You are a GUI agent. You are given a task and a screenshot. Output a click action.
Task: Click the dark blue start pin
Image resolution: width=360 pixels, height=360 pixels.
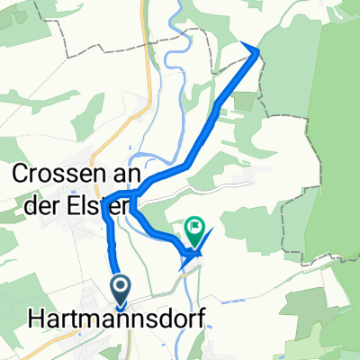(x=121, y=290)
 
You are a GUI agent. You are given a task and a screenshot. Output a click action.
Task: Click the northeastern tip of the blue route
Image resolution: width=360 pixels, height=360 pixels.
(x=260, y=50)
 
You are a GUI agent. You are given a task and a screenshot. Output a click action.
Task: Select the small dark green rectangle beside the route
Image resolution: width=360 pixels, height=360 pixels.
(x=242, y=101)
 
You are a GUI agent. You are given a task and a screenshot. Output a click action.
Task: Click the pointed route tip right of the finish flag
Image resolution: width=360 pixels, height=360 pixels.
(x=213, y=231)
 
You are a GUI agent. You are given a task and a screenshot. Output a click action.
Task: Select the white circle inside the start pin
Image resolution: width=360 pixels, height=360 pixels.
(x=121, y=285)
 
